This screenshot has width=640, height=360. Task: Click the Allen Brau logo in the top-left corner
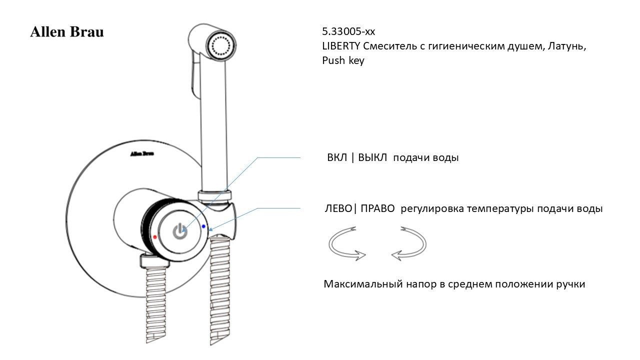click(67, 31)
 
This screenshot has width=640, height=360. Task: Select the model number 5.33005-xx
click(348, 31)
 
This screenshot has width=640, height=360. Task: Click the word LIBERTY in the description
click(341, 45)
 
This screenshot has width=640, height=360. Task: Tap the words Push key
click(343, 60)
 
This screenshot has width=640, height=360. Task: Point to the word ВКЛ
click(337, 157)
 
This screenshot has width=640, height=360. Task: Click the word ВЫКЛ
click(372, 157)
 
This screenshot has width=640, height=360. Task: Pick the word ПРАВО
click(377, 208)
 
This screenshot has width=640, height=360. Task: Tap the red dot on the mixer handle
click(155, 237)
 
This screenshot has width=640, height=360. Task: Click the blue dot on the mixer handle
click(203, 226)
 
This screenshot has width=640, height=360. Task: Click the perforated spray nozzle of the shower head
click(221, 45)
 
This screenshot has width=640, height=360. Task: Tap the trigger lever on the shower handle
click(193, 75)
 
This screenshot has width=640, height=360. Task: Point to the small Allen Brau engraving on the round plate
click(142, 153)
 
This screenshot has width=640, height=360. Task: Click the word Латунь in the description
click(566, 46)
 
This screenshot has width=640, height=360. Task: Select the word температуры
click(500, 209)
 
